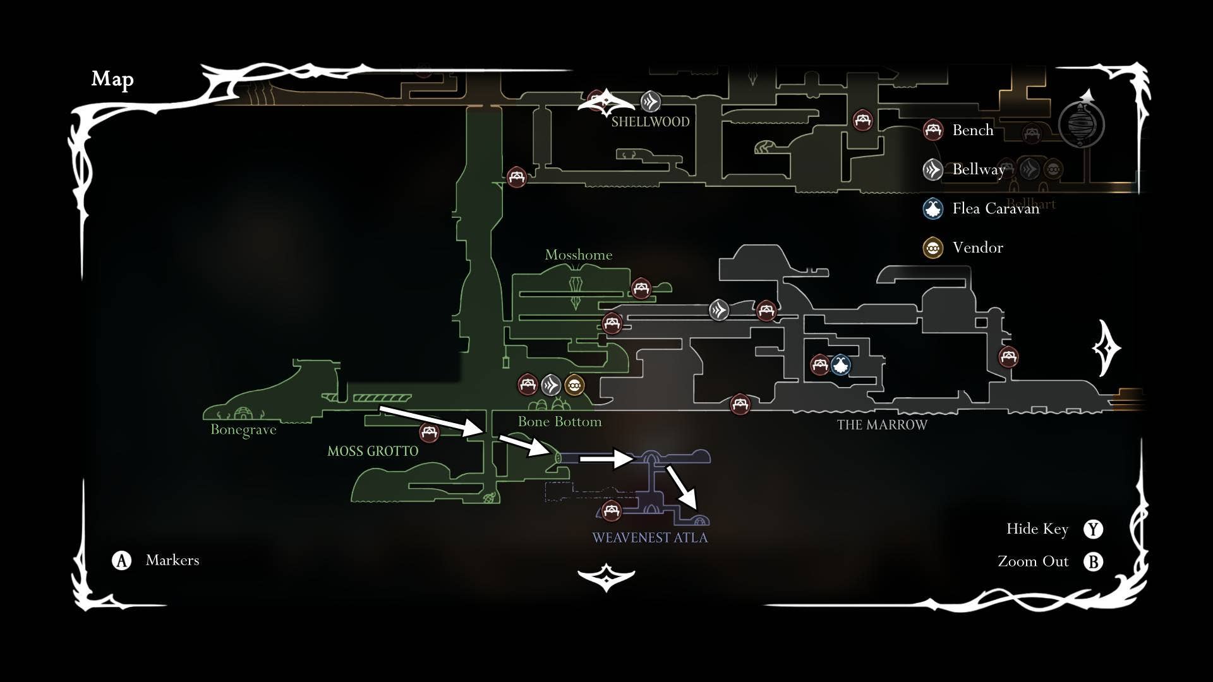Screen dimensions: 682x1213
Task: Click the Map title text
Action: pyautogui.click(x=112, y=79)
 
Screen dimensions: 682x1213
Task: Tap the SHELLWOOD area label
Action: pyautogui.click(x=650, y=122)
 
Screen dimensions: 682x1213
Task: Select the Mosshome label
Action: pyautogui.click(x=578, y=255)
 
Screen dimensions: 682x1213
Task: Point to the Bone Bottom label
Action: pyautogui.click(x=559, y=422)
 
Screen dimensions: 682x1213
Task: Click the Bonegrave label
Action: pyautogui.click(x=243, y=430)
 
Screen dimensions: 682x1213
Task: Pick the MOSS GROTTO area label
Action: pyautogui.click(x=373, y=452)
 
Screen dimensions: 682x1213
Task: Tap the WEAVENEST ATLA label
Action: pyautogui.click(x=649, y=538)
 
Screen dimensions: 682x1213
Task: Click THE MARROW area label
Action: pyautogui.click(x=882, y=425)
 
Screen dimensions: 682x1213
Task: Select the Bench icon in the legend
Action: pyautogui.click(x=933, y=130)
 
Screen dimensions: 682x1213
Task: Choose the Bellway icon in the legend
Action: pyautogui.click(x=933, y=169)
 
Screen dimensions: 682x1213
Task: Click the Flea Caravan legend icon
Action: pyautogui.click(x=933, y=208)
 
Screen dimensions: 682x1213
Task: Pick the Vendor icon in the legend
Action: pyautogui.click(x=933, y=248)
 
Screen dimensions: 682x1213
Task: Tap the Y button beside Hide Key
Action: pyautogui.click(x=1093, y=529)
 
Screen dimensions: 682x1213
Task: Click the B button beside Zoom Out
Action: pyautogui.click(x=1093, y=561)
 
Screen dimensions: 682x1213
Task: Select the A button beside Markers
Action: pyautogui.click(x=122, y=560)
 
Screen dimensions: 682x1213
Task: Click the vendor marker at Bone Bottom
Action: pyautogui.click(x=574, y=385)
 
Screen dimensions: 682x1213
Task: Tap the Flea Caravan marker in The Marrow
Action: pyautogui.click(x=840, y=364)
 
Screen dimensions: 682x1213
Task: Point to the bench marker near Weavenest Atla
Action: pyautogui.click(x=611, y=510)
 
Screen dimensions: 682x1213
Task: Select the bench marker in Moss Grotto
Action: pyautogui.click(x=429, y=433)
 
